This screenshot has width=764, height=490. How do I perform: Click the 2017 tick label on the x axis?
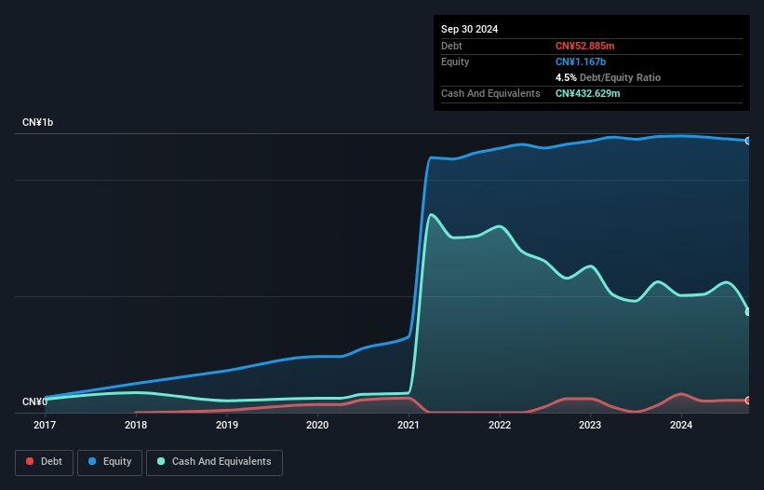[x=45, y=425]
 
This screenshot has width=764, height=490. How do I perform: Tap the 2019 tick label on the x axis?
[x=226, y=425]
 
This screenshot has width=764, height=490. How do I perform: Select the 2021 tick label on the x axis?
[x=409, y=425]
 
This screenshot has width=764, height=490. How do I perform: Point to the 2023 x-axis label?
[x=590, y=425]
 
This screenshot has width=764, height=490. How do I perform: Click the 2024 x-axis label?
[x=681, y=425]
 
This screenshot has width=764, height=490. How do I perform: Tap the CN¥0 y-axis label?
[x=35, y=402]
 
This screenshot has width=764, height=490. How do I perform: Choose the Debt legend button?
[x=44, y=462]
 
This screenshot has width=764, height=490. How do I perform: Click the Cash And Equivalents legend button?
[x=214, y=462]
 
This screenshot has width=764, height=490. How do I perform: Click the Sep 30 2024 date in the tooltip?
[x=469, y=29]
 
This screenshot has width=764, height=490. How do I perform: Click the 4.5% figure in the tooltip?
[x=565, y=77]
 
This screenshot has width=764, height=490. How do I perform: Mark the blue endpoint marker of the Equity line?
[x=748, y=141]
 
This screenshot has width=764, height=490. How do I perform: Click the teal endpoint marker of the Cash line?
[x=748, y=312]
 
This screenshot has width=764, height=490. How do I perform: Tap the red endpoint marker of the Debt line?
[x=748, y=401]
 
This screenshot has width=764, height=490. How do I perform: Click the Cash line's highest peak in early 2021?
[x=431, y=214]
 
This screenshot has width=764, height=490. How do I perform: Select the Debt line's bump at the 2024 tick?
[x=681, y=394]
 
